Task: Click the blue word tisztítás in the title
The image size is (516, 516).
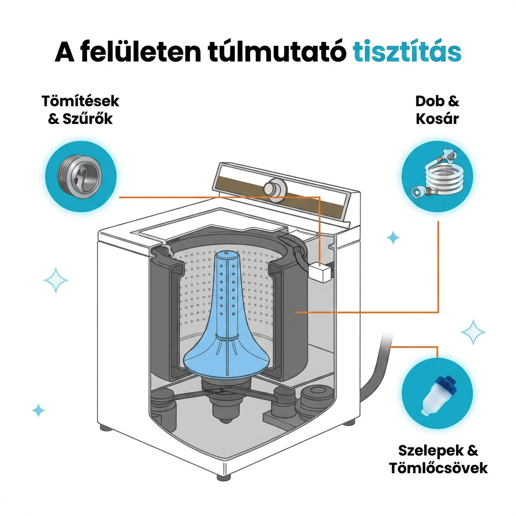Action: [x=407, y=52]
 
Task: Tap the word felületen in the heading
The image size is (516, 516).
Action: [x=140, y=52]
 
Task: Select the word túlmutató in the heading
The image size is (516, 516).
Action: [x=278, y=52]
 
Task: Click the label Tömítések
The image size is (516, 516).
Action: [x=80, y=101]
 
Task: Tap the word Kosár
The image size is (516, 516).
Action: [x=437, y=118]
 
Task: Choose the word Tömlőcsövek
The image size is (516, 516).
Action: [x=438, y=468]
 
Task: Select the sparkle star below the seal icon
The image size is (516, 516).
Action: [x=55, y=280]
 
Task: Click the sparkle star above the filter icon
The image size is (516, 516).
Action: [x=473, y=332]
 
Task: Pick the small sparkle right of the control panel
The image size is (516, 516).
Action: [x=393, y=238]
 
